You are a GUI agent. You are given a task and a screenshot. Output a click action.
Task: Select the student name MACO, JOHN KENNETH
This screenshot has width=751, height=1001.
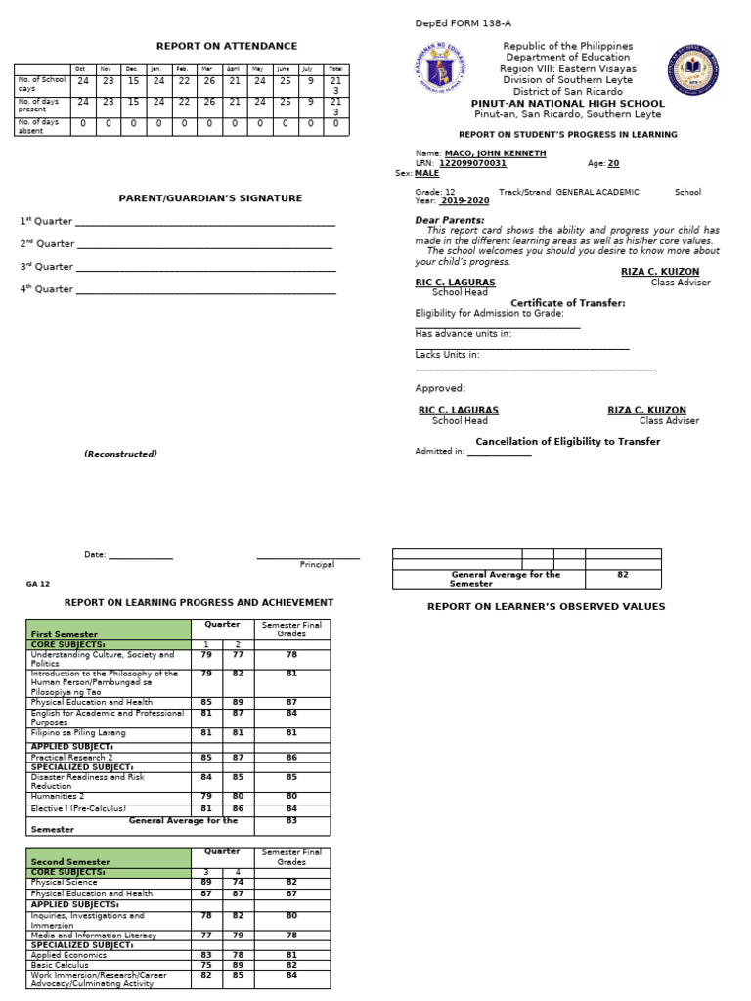495,153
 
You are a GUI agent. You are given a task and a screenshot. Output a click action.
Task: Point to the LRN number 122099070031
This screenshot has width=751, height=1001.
472,163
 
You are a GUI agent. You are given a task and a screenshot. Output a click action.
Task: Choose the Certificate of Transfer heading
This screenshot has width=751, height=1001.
568,303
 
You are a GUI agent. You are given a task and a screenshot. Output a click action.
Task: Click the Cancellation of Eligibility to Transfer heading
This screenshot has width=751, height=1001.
567,442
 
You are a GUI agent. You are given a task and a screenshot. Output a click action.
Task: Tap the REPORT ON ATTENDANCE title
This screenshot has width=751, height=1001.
227,46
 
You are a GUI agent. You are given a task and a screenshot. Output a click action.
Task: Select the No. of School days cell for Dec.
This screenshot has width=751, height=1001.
133,81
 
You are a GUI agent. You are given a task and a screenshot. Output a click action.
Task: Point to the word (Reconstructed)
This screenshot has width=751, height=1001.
120,454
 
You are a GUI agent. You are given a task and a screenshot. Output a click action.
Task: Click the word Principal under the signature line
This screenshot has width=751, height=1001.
317,564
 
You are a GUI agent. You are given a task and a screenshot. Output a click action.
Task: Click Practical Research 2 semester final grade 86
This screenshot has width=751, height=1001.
291,757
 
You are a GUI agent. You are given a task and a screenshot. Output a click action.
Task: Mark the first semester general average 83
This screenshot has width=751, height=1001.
291,820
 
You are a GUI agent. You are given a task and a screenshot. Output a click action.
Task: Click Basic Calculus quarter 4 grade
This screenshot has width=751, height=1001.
237,964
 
